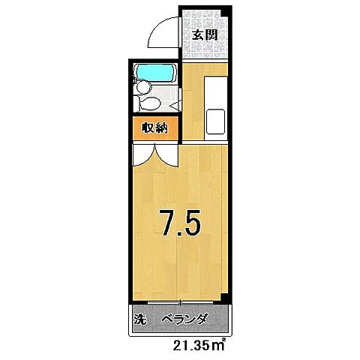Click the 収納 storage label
coord(154,128)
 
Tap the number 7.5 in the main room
coord(179,223)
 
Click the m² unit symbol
coord(219,345)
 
